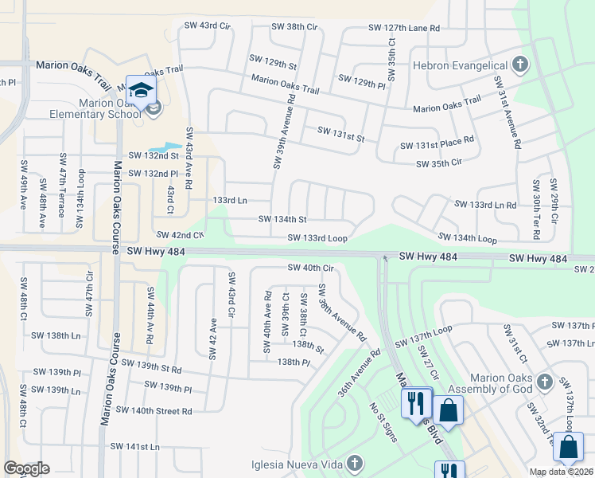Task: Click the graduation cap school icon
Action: click(x=141, y=90)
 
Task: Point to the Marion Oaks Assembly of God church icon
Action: click(x=544, y=381)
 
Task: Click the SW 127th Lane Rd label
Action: click(x=403, y=28)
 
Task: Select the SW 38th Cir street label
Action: click(x=294, y=26)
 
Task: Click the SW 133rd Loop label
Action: click(x=318, y=238)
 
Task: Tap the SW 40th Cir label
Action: click(x=310, y=268)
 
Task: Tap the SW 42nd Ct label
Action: click(x=181, y=235)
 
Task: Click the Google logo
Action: click(x=26, y=468)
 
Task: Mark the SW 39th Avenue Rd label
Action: click(x=278, y=132)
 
